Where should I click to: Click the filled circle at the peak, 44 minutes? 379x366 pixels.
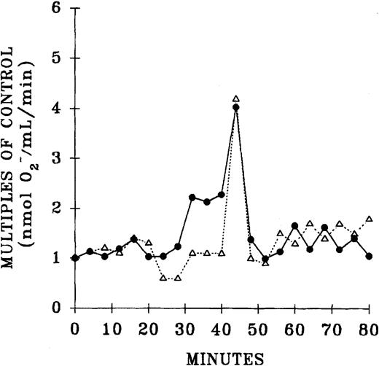pyautogui.click(x=235, y=107)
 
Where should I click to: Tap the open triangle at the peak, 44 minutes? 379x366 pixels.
pyautogui.click(x=235, y=98)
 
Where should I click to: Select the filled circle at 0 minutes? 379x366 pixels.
pyautogui.click(x=75, y=257)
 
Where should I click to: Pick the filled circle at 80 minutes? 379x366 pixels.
pyautogui.click(x=369, y=256)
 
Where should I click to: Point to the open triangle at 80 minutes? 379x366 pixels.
pyautogui.click(x=369, y=218)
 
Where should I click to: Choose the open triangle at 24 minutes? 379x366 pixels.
pyautogui.click(x=163, y=278)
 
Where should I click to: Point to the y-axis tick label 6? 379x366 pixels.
pyautogui.click(x=56, y=9)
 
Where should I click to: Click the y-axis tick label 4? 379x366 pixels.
pyautogui.click(x=56, y=109)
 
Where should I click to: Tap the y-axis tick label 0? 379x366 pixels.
pyautogui.click(x=56, y=308)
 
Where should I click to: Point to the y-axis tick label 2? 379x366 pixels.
pyautogui.click(x=56, y=209)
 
